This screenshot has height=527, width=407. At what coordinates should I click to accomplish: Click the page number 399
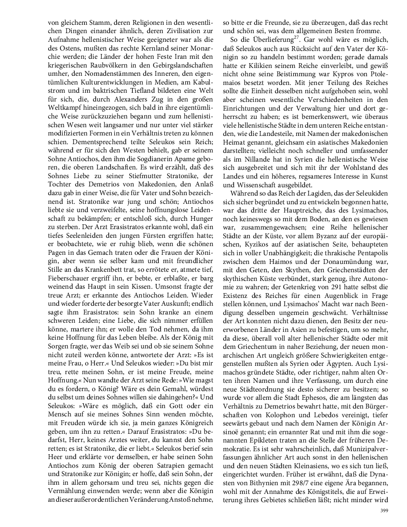tap(383, 510)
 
